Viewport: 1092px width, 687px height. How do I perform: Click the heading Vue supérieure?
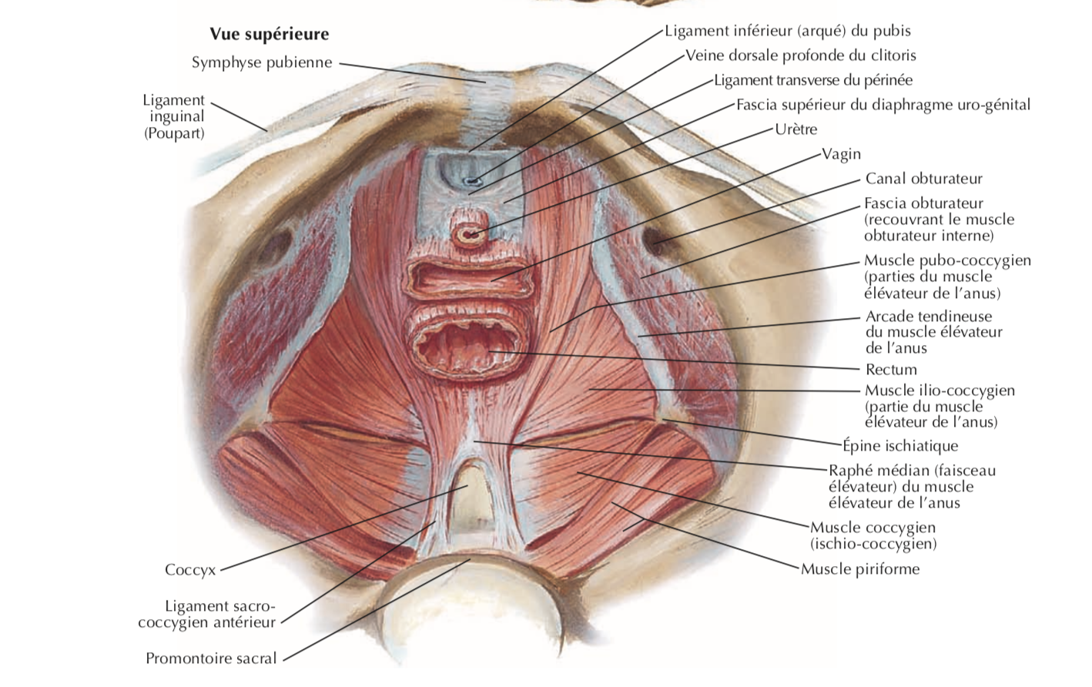point(269,34)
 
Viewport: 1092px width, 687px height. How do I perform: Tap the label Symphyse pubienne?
point(262,62)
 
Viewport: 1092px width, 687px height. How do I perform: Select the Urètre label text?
point(796,129)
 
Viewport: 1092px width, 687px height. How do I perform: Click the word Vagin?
point(841,154)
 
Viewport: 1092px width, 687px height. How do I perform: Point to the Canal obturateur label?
point(923,179)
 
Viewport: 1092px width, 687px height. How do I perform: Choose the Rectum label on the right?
point(891,370)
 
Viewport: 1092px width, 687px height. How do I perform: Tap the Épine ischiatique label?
point(899,446)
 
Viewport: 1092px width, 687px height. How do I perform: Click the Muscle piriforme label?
point(859,569)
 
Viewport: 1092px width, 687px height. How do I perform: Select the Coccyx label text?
point(190,570)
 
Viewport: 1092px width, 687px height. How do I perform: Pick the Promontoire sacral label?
point(211,659)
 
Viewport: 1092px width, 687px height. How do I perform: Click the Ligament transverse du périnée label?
point(812,80)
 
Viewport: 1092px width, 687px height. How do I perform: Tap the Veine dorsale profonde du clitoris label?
point(800,55)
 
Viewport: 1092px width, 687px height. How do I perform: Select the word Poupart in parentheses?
point(175,133)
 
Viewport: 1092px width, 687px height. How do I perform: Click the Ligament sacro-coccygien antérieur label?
point(206,615)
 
